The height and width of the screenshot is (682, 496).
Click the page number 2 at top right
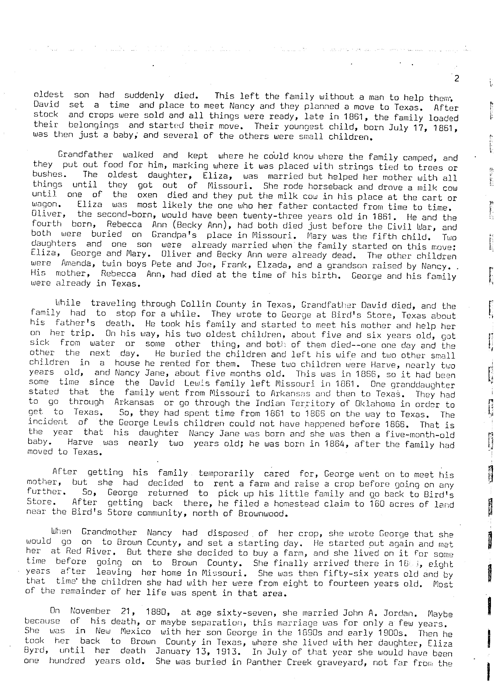click(x=457, y=79)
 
